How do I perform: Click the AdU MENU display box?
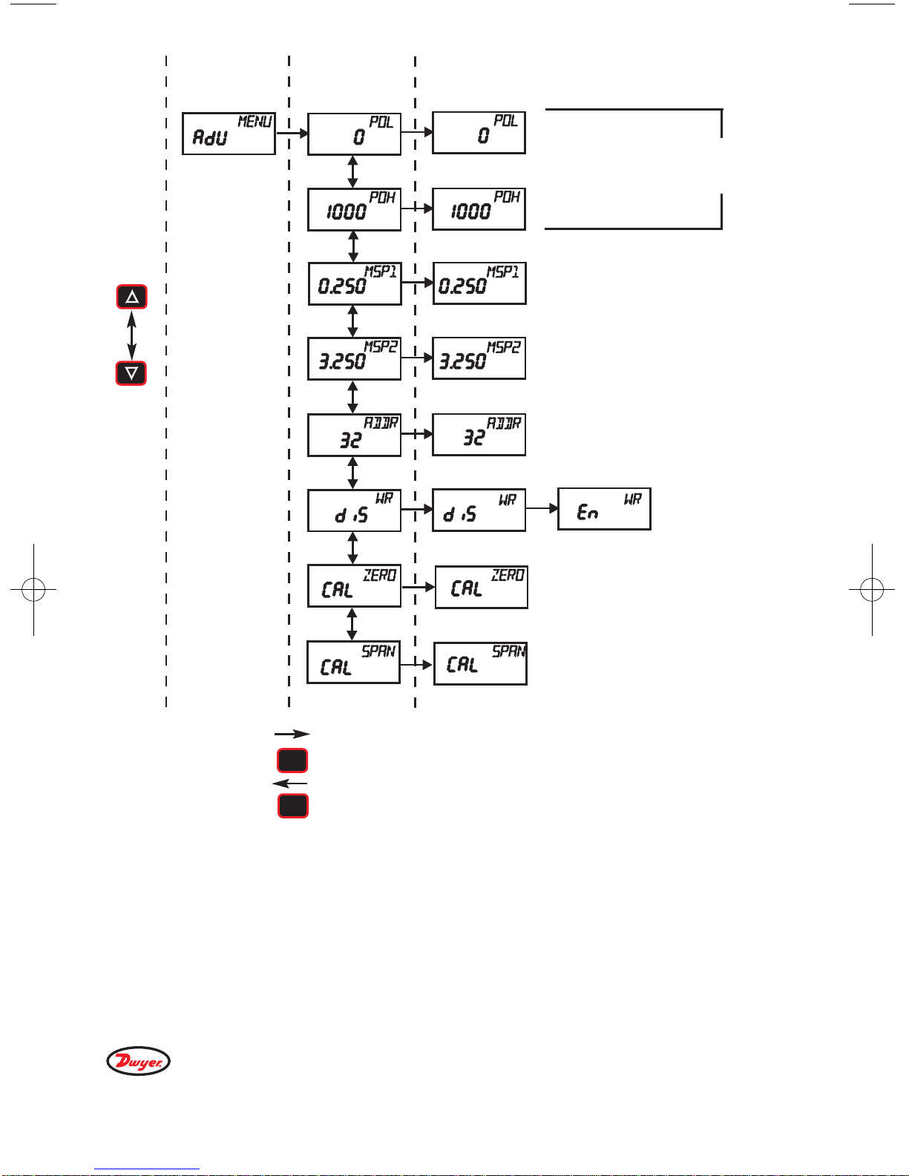coord(229,134)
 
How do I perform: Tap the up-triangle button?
coord(132,297)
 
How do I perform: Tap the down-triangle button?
coord(131,372)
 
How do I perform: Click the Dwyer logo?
coord(139,1061)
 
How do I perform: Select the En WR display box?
coord(604,509)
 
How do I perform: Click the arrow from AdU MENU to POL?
coord(292,134)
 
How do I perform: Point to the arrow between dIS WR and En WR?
coord(542,509)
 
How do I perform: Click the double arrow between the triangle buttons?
coord(132,335)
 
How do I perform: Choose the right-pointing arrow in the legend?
coord(292,734)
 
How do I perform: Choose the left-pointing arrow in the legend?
coord(290,784)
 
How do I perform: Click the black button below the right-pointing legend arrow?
coord(292,761)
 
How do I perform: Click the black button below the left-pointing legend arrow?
coord(292,806)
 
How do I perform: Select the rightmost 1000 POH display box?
coord(479,208)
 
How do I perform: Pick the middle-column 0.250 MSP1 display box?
coord(355,283)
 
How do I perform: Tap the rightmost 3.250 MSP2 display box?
coord(479,358)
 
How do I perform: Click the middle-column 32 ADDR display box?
coord(355,435)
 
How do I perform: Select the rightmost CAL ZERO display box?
coord(481,587)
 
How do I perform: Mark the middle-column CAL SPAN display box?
coord(353,662)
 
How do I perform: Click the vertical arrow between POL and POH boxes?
coord(352,171)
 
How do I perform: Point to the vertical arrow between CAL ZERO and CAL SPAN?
coord(352,624)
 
